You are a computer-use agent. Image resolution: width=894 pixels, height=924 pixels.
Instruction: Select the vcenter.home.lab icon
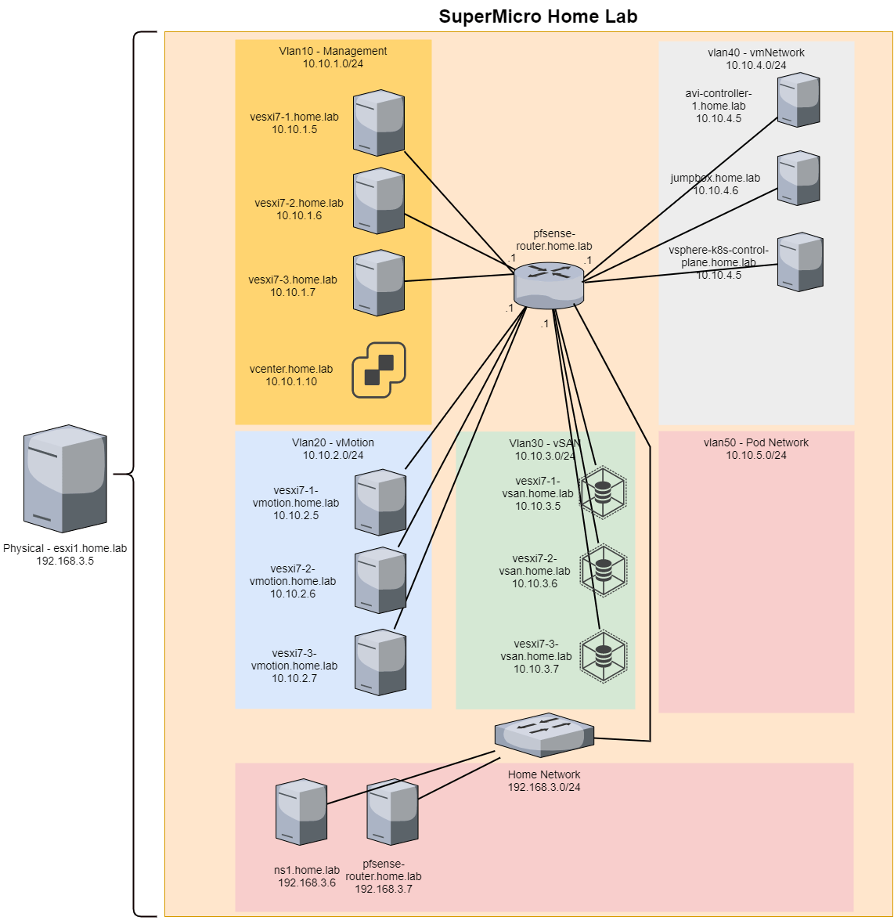pos(379,370)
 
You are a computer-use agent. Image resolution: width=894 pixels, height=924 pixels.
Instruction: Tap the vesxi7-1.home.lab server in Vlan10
pos(379,123)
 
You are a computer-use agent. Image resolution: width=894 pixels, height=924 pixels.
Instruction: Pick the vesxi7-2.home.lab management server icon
pos(379,200)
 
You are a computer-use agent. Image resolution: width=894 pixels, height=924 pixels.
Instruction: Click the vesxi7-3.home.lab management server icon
pos(379,283)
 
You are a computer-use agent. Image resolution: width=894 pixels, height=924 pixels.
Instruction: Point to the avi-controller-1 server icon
pos(798,99)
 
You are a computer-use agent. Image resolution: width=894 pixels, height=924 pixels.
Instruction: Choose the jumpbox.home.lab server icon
pos(798,178)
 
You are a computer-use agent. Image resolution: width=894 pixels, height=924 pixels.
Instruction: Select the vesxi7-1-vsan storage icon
pos(603,493)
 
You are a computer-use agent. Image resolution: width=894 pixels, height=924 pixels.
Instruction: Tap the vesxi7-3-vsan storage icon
pos(603,655)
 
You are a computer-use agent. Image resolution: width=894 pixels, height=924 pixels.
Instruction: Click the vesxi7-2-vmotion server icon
pos(380,580)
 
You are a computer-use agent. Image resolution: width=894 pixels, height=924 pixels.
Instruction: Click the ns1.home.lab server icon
pos(301,812)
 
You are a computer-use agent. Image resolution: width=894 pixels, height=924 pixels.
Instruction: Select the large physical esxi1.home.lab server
pos(65,479)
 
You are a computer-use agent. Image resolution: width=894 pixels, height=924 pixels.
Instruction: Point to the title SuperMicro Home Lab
pos(538,16)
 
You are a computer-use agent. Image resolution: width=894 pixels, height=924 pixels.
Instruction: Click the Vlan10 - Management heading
pos(333,51)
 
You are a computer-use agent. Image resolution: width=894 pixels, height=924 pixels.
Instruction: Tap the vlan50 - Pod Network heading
pos(755,442)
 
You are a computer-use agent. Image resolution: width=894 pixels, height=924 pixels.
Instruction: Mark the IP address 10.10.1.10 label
pos(291,381)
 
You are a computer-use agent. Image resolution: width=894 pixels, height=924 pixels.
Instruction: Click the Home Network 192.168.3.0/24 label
pos(544,781)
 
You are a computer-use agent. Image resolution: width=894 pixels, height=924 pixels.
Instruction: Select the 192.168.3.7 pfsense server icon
pos(393,812)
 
